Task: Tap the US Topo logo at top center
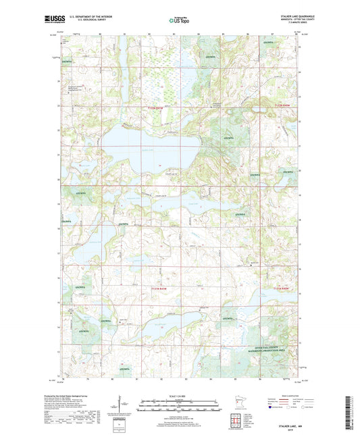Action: [x=179, y=20]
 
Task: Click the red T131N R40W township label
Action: [x=284, y=288]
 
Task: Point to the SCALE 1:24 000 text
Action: [x=179, y=395]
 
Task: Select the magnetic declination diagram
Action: [x=122, y=408]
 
